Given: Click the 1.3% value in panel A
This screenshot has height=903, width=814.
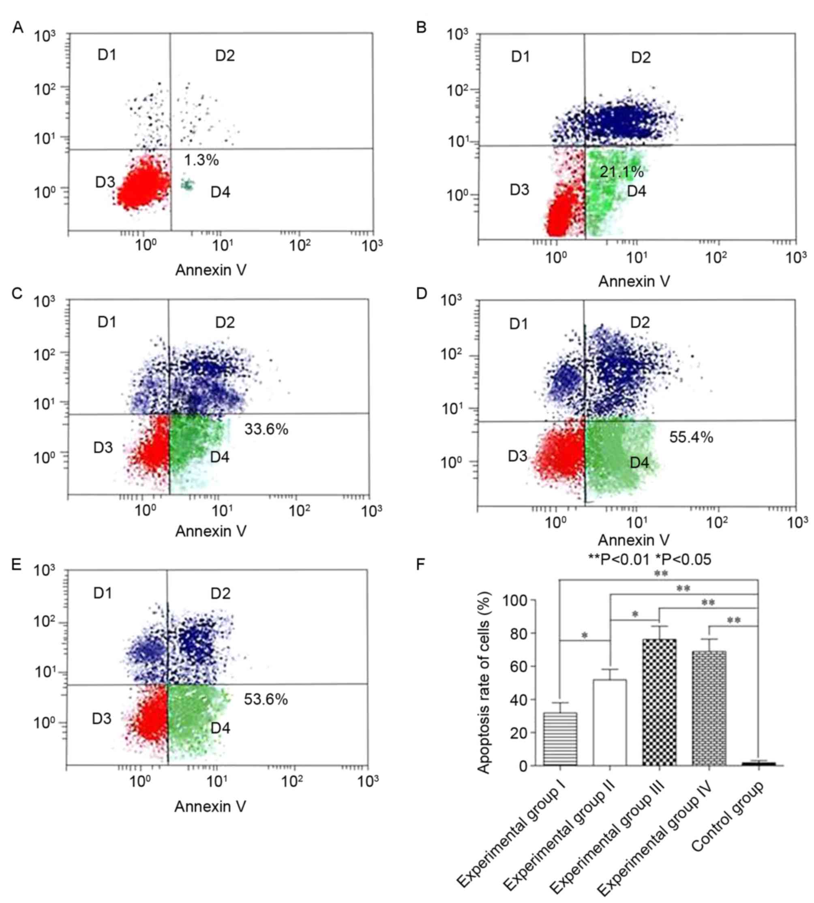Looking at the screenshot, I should click(x=201, y=160).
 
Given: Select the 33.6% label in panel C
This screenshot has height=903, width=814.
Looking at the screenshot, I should click(x=266, y=429).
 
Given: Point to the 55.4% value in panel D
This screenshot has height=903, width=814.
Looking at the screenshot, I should click(x=691, y=437).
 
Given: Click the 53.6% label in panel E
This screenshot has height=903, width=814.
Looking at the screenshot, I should click(x=266, y=699).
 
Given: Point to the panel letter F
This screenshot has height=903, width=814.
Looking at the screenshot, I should click(x=420, y=565).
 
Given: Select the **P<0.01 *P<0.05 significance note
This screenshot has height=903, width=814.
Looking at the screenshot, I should click(x=649, y=559).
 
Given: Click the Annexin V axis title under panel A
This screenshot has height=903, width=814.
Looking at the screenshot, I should click(x=211, y=270).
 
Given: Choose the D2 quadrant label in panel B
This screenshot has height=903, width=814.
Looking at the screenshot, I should click(x=640, y=58).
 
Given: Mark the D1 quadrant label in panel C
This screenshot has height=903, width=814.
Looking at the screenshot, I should click(x=107, y=322).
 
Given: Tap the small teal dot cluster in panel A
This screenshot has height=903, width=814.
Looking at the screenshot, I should click(x=187, y=184).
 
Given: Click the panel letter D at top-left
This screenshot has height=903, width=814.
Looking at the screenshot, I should click(x=421, y=294).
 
